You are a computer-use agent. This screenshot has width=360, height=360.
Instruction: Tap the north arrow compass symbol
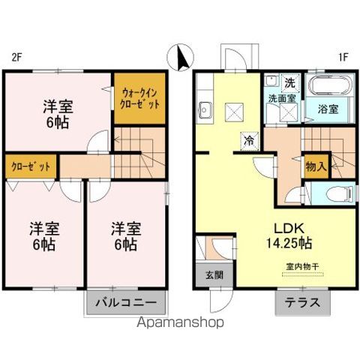point(182,57)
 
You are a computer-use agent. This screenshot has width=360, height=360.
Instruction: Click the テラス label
point(302,304)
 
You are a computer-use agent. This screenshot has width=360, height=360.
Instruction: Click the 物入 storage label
point(315,166)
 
